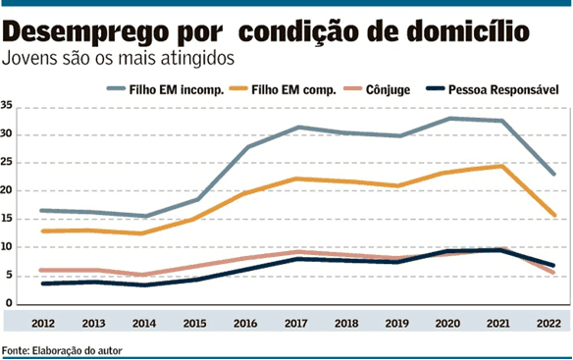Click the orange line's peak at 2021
click(501, 166)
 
